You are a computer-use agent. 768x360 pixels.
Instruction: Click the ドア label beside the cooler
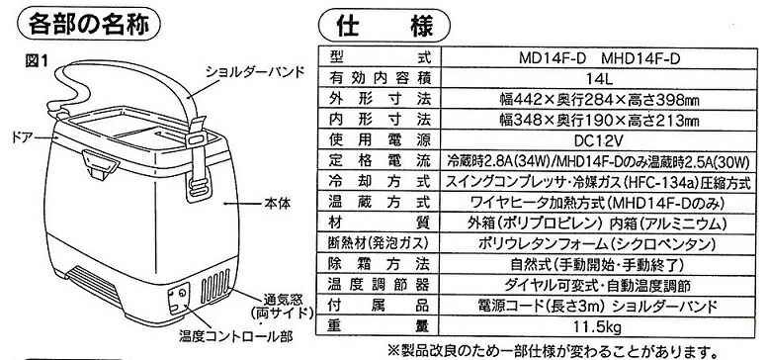pyautogui.click(x=22, y=134)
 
